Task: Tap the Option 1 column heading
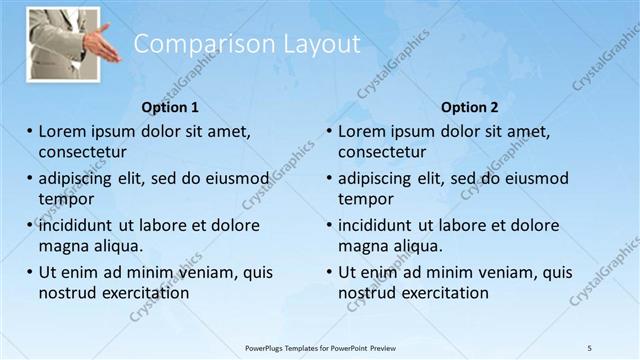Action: [170, 107]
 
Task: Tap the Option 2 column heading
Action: [470, 107]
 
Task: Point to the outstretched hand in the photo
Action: [100, 45]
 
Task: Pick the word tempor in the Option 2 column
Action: [366, 199]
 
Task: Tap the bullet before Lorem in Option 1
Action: [30, 131]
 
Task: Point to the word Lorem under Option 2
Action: [362, 131]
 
